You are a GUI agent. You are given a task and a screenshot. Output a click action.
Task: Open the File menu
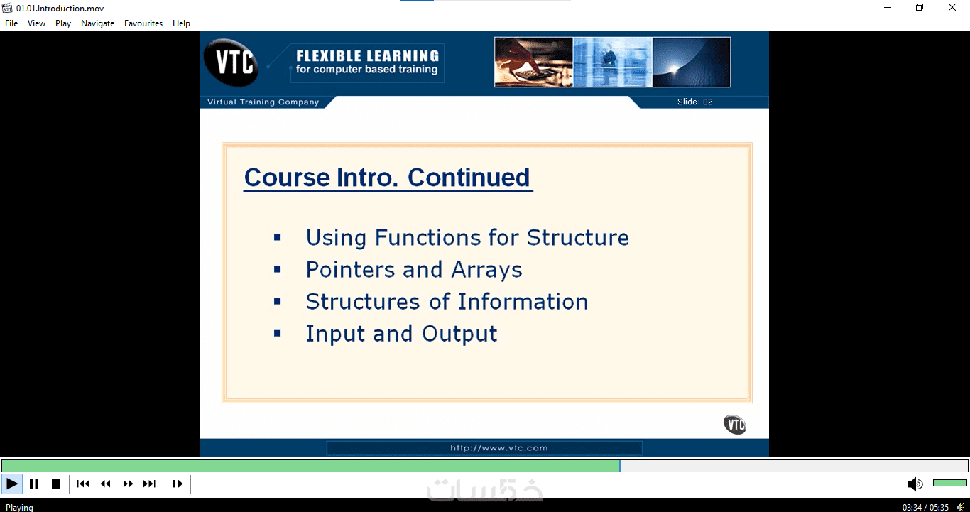pyautogui.click(x=11, y=23)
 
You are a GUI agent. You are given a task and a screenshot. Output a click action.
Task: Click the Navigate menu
pyautogui.click(x=97, y=23)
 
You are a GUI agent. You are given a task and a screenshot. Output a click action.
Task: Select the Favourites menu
pyautogui.click(x=143, y=23)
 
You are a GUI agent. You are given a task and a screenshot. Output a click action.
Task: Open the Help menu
pyautogui.click(x=181, y=23)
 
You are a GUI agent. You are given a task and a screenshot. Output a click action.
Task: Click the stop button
pyautogui.click(x=56, y=484)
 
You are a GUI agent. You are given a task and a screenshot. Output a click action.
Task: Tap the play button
pyautogui.click(x=12, y=484)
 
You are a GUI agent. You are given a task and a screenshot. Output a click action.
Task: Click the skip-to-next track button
pyautogui.click(x=149, y=484)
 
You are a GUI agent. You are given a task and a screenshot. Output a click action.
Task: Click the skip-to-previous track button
pyautogui.click(x=83, y=484)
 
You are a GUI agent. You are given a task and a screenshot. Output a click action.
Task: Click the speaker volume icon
pyautogui.click(x=915, y=484)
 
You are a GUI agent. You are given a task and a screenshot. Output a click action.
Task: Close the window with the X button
pyautogui.click(x=952, y=7)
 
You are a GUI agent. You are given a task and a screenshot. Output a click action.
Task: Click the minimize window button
pyautogui.click(x=888, y=7)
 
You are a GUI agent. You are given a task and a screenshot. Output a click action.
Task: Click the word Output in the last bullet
pyautogui.click(x=459, y=334)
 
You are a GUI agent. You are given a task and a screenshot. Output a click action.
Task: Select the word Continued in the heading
pyautogui.click(x=469, y=177)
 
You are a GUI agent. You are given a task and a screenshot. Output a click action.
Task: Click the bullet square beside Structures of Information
pyautogui.click(x=278, y=302)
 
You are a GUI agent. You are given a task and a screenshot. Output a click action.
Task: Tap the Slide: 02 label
pyautogui.click(x=694, y=102)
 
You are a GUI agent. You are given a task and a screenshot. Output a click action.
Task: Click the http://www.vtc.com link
pyautogui.click(x=499, y=448)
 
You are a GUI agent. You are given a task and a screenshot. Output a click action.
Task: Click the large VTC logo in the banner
pyautogui.click(x=231, y=62)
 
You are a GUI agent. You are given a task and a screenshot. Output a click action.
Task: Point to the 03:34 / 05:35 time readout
pyautogui.click(x=925, y=507)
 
